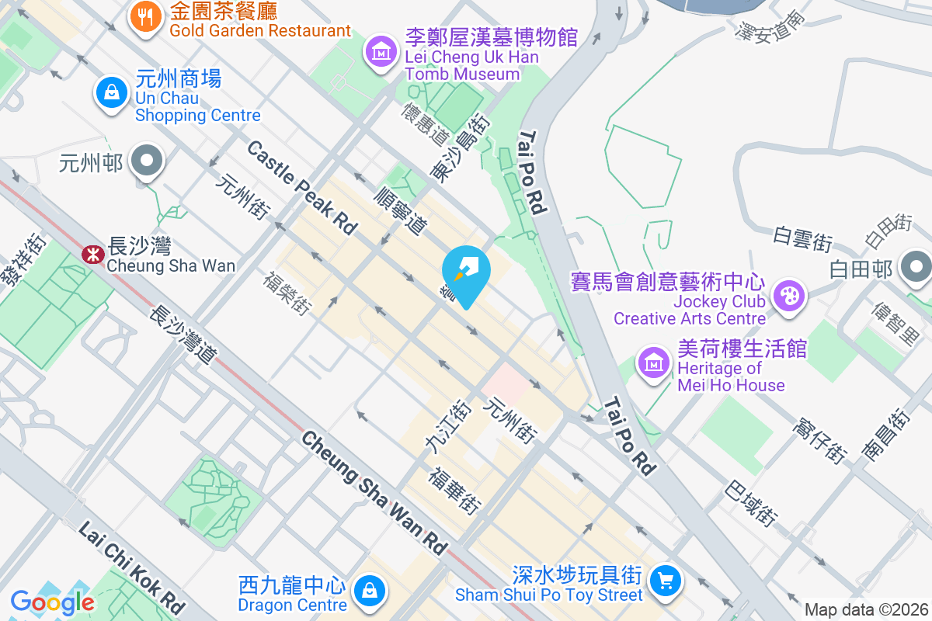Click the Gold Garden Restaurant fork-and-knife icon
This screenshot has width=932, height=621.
click(x=144, y=16)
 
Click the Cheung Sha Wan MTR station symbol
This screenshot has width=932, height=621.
click(x=92, y=254)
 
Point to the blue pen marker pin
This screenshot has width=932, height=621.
click(x=466, y=272)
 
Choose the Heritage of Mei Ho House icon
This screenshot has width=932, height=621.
click(x=653, y=362)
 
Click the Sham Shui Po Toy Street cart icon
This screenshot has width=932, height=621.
click(x=665, y=579)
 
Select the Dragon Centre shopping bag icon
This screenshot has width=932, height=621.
click(x=368, y=592)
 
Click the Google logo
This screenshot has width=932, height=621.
click(x=52, y=602)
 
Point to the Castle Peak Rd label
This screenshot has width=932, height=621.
click(x=302, y=187)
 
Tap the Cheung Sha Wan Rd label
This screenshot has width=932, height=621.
click(x=374, y=493)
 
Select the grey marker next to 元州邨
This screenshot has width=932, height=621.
click(x=145, y=162)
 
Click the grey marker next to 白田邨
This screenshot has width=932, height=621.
click(x=916, y=269)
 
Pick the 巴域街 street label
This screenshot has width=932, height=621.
click(x=751, y=503)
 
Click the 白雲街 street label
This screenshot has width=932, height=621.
click(x=802, y=238)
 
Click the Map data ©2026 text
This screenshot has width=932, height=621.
click(x=866, y=610)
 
